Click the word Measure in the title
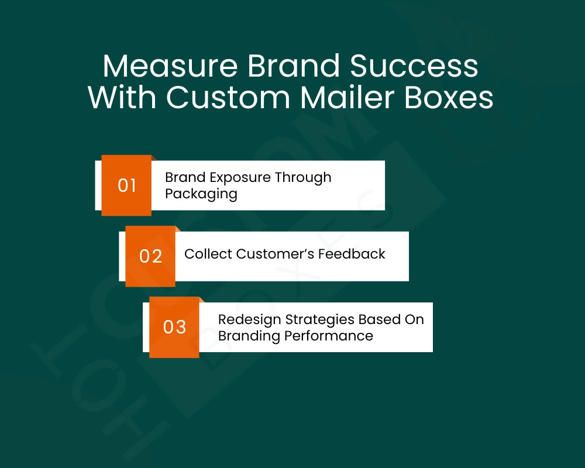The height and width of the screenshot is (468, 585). click(x=170, y=66)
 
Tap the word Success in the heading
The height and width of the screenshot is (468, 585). click(x=414, y=66)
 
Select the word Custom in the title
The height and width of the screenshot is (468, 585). click(x=228, y=98)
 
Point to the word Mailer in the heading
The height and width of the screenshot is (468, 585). click(x=347, y=98)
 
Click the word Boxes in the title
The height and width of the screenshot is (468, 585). click(x=449, y=98)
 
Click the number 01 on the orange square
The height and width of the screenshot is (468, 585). click(x=127, y=185)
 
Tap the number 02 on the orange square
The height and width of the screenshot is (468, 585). click(x=151, y=256)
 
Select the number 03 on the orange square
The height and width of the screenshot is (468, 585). click(x=174, y=327)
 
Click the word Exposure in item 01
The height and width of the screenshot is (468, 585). click(x=240, y=178)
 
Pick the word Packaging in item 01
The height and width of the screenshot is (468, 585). click(x=201, y=194)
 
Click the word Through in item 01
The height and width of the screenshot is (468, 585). click(x=303, y=178)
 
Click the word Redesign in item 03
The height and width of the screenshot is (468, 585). click(x=250, y=320)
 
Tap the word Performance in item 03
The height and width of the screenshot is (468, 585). click(x=329, y=336)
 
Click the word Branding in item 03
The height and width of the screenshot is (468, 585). click(x=249, y=336)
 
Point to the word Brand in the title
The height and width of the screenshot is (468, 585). click(x=294, y=66)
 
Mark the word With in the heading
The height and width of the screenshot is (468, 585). click(x=122, y=98)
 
